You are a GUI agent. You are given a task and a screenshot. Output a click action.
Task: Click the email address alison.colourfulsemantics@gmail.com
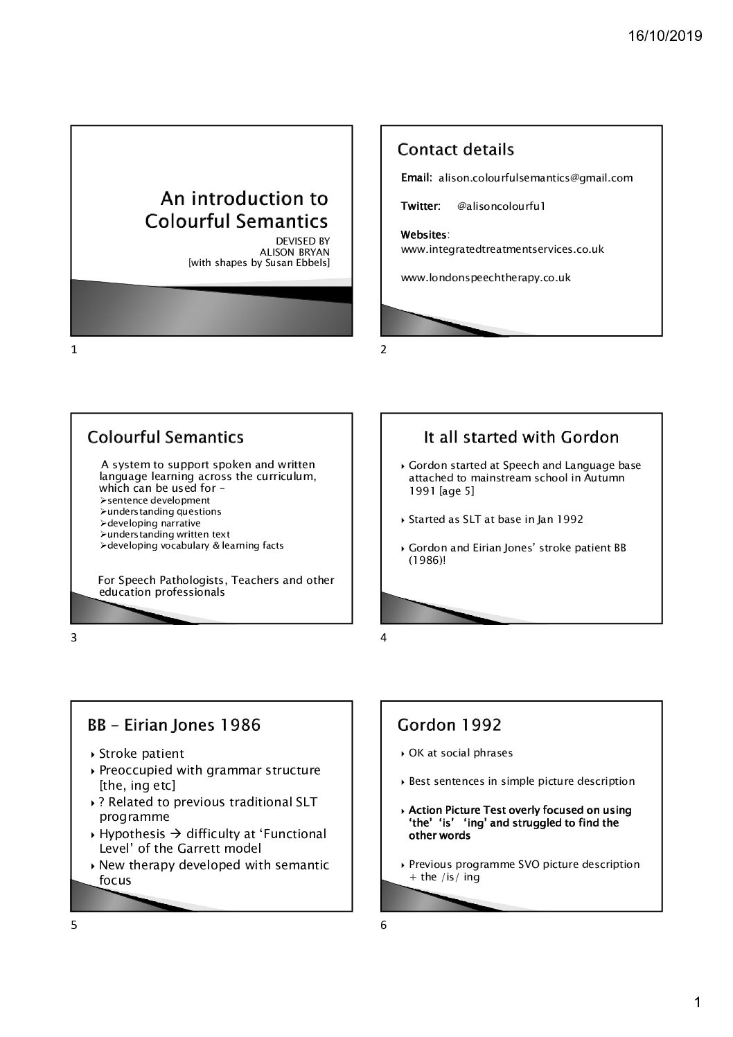tap(536, 178)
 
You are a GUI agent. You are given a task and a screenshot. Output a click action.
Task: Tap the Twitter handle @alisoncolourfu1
tap(502, 206)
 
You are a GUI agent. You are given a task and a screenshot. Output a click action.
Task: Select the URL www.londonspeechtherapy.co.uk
tap(486, 278)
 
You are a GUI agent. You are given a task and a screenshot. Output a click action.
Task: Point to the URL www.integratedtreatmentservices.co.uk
tap(502, 249)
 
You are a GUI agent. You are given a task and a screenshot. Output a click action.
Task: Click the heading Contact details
tap(455, 150)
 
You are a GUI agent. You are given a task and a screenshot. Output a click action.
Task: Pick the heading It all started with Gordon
tap(521, 437)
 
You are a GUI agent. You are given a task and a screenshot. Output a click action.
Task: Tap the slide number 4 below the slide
tap(384, 638)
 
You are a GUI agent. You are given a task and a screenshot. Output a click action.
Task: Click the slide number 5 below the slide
tap(74, 926)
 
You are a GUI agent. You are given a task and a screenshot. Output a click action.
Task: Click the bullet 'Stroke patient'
tap(141, 754)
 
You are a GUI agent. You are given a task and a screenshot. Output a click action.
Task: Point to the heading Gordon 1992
tap(449, 725)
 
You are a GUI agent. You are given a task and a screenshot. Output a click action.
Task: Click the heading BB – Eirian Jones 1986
tap(174, 725)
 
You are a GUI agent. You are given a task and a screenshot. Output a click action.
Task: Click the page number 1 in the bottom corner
tap(698, 1002)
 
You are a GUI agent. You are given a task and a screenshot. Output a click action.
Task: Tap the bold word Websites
tap(424, 236)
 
